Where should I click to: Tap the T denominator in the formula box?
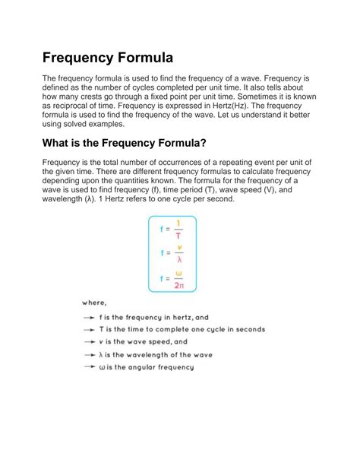coord(178,236)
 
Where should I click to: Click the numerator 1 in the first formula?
coord(178,223)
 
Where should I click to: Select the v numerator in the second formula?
coord(178,247)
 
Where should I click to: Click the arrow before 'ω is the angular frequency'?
coord(90,367)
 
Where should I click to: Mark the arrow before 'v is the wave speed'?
coord(90,342)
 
